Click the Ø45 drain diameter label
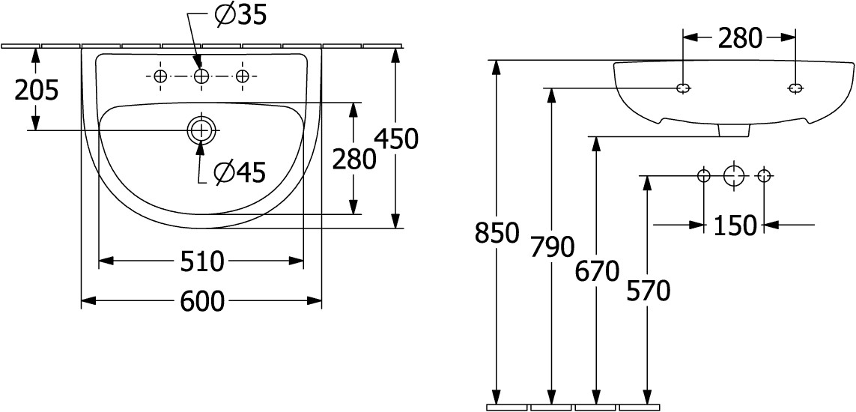click(x=240, y=173)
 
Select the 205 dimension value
click(x=36, y=90)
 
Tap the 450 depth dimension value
click(x=396, y=139)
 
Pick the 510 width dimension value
click(x=202, y=262)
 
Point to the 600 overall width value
click(x=202, y=301)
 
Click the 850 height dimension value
click(x=496, y=233)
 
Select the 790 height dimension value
click(x=553, y=248)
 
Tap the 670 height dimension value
click(x=597, y=271)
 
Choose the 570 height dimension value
click(x=648, y=291)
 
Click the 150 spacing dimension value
click(x=735, y=225)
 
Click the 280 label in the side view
click(x=740, y=38)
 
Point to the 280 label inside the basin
click(x=354, y=160)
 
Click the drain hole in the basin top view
click(x=201, y=130)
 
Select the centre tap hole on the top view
click(x=201, y=76)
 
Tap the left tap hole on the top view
click(x=160, y=76)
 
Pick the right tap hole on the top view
click(x=243, y=76)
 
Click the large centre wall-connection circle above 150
click(x=734, y=176)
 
